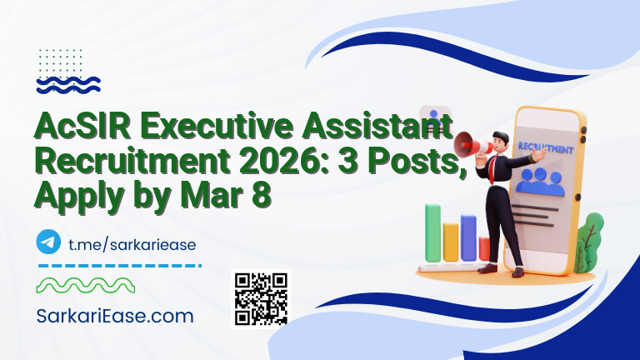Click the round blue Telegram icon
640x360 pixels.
48,242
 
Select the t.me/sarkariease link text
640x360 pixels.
132,243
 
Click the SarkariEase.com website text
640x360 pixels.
115,316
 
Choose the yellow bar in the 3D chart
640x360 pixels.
451,242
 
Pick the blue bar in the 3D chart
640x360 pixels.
468,238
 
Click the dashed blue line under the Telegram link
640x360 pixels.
120,266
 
